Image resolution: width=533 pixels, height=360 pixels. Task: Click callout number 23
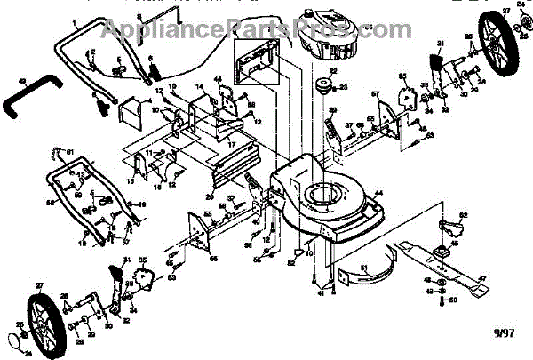[x=344, y=87]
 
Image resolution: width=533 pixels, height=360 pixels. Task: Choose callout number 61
[x=70, y=148]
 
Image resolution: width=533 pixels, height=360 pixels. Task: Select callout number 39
[x=334, y=110]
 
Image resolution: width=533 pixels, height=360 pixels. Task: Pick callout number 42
[x=24, y=83]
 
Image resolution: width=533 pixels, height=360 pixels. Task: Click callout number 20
[x=210, y=196]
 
